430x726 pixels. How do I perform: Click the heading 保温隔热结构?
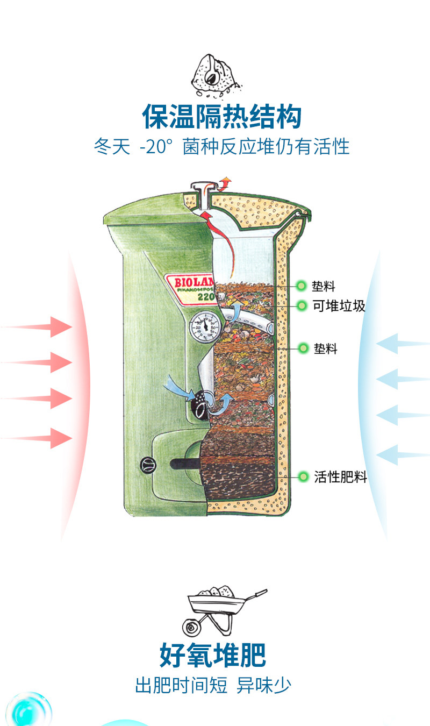point(222,116)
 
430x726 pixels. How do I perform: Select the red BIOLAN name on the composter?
point(194,282)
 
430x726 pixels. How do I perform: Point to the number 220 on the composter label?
point(206,296)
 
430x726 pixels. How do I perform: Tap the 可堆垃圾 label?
point(339,305)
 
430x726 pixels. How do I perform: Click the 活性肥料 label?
point(340,477)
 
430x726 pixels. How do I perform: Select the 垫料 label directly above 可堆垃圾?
point(323,286)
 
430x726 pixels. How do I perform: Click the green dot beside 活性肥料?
point(303,476)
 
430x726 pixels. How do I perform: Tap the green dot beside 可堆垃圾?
point(302,305)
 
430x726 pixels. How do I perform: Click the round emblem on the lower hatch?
point(148,465)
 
